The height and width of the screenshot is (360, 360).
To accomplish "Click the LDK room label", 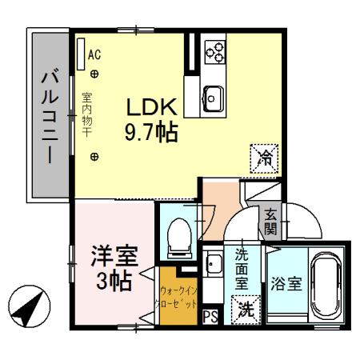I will pos(150,106).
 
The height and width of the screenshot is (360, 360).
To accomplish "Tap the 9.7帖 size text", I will pos(150,131).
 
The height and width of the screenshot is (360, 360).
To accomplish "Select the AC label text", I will pos(94,55).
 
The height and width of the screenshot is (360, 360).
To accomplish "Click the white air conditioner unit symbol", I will pos(80,54).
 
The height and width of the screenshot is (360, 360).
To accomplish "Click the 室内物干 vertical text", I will pos(86,114).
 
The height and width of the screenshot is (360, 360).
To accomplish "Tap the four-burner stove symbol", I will pos(214,53).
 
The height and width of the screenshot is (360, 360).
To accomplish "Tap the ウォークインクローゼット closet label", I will pos(178,298).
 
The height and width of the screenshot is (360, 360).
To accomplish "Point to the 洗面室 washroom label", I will pos(242,270).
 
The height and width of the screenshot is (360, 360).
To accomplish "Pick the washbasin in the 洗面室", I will pos(214,262).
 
